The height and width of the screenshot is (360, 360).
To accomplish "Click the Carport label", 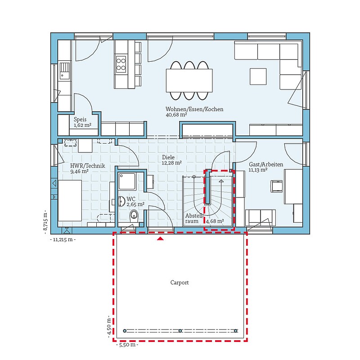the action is click(179, 283).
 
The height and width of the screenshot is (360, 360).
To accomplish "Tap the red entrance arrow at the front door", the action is click(160, 239).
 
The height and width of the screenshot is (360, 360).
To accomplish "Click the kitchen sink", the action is click(64, 71).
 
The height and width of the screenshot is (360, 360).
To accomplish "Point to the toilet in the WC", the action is click(134, 216).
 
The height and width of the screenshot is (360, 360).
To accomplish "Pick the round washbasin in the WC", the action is click(121, 201).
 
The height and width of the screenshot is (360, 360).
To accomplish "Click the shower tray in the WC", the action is click(127, 181).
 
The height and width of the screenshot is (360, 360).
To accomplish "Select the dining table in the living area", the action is click(189, 81).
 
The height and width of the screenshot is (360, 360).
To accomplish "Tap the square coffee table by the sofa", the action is click(258, 76).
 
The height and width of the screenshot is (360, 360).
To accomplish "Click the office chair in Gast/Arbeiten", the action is click(277, 186).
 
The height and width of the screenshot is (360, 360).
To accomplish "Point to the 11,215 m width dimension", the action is click(63, 240).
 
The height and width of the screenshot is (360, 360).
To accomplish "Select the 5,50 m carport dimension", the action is click(127, 345).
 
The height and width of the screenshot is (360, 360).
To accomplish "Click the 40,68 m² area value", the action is click(176, 115).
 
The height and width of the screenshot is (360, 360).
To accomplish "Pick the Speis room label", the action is click(80, 119).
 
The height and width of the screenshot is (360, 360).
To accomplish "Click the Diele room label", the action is click(168, 157).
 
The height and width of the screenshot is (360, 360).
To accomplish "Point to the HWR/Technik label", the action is click(87, 166).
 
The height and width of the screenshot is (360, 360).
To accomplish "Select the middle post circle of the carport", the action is click(180, 331).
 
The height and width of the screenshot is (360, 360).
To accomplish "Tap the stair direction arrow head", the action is click(221, 181).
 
